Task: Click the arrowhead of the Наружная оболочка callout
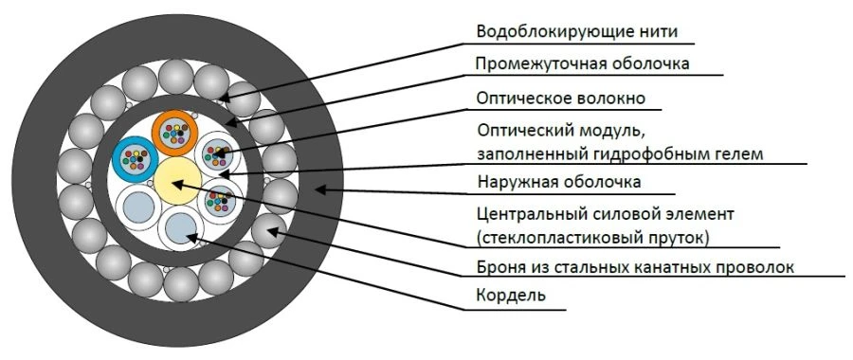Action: tap(320, 190)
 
